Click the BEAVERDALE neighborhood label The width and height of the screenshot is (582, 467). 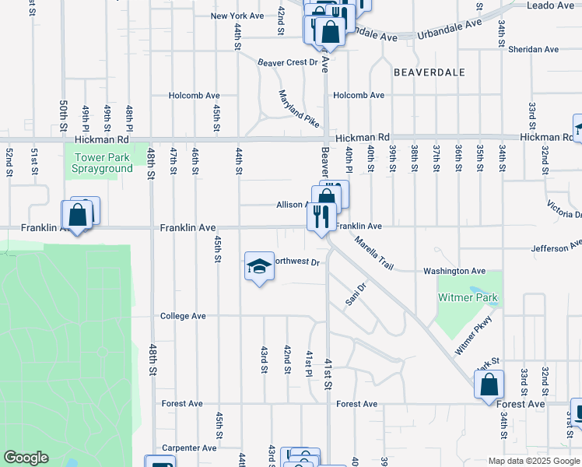(429, 72)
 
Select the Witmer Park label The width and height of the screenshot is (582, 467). (468, 298)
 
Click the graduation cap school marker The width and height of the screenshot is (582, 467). (259, 267)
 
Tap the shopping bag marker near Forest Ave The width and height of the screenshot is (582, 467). (489, 384)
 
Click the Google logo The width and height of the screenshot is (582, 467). (26, 458)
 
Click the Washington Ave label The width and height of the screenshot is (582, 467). (454, 271)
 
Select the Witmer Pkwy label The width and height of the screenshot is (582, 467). (475, 335)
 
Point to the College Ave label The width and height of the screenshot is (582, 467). (183, 316)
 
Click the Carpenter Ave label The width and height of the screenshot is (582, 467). (189, 448)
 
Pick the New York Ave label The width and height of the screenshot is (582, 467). (237, 16)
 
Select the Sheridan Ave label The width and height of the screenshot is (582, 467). (533, 49)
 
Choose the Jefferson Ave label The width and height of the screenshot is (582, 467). (556, 247)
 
